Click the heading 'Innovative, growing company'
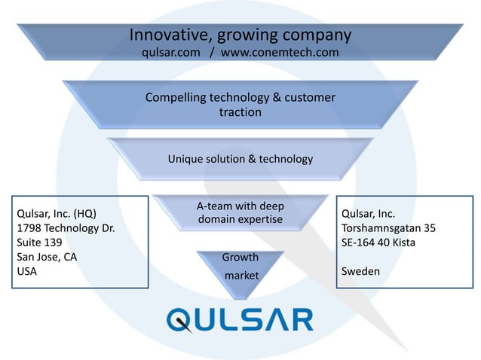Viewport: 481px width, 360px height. click(x=240, y=35)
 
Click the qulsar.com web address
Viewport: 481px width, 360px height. click(x=171, y=53)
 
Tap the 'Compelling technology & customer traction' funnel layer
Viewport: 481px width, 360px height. click(x=240, y=105)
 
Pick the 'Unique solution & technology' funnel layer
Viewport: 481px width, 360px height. click(x=240, y=159)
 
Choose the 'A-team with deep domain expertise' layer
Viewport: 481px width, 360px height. click(x=240, y=212)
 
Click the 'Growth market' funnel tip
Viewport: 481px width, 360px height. click(x=240, y=267)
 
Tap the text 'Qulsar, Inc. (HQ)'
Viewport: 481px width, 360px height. click(x=57, y=214)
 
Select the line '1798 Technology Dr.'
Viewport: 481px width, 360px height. click(x=66, y=228)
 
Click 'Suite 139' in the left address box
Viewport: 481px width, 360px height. click(x=39, y=243)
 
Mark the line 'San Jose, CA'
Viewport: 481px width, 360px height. click(x=47, y=257)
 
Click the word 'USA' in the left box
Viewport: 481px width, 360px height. click(x=27, y=271)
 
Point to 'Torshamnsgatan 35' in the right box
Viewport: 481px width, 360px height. click(x=388, y=228)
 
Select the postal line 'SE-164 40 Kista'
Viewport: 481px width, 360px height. click(x=378, y=243)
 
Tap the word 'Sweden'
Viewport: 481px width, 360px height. click(x=360, y=271)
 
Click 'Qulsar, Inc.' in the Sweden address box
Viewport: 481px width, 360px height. click(x=369, y=214)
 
